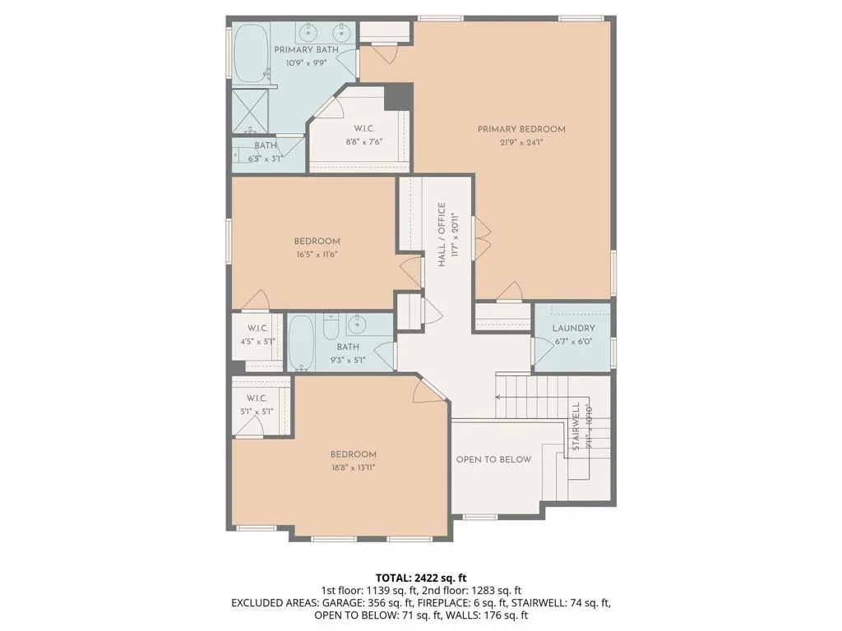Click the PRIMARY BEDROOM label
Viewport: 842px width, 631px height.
click(521, 129)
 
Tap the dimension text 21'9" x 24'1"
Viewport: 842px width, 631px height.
click(521, 142)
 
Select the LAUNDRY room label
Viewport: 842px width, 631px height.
click(573, 329)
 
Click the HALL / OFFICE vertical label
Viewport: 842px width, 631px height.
click(442, 234)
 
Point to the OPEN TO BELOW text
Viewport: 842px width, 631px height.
click(493, 459)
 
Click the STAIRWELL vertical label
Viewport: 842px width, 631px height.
click(576, 426)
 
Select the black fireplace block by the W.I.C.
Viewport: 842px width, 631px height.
click(398, 96)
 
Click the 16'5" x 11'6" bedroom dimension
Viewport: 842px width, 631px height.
click(317, 254)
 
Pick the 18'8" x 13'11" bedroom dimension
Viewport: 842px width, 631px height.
click(353, 467)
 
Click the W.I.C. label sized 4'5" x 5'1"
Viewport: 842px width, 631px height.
click(258, 329)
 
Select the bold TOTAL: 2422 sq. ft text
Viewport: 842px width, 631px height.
click(421, 578)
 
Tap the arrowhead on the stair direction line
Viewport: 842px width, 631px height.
click(498, 396)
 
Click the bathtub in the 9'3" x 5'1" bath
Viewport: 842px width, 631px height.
click(301, 342)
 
